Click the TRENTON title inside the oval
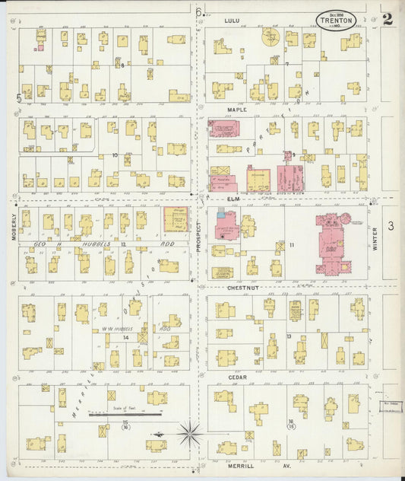point(336,21)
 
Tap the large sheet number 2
point(388,19)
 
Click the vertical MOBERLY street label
point(14,226)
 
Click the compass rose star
point(190,435)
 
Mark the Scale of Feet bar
point(125,415)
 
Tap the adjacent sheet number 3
point(391,226)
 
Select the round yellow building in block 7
point(271,36)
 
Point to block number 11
point(291,245)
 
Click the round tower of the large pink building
point(346,219)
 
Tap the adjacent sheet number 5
point(18,97)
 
